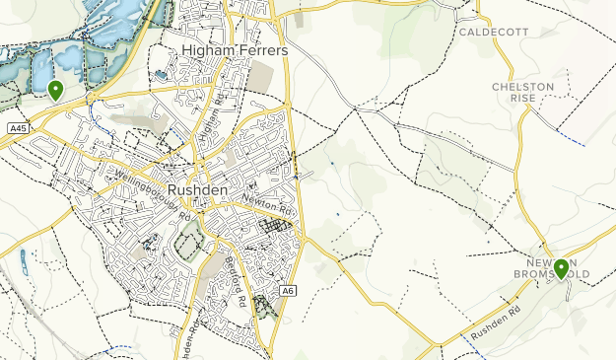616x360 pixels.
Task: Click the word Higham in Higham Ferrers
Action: pyautogui.click(x=206, y=49)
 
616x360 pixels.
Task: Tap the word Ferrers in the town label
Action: pyautogui.click(x=256, y=49)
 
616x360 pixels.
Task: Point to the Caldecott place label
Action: pyautogui.click(x=493, y=32)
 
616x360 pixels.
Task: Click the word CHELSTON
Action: pyautogui.click(x=522, y=87)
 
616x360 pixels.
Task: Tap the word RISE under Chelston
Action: pyautogui.click(x=522, y=101)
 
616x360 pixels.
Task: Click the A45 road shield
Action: pyautogui.click(x=17, y=128)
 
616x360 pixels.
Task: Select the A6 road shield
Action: pyautogui.click(x=287, y=290)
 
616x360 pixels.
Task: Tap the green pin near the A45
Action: pyautogui.click(x=55, y=90)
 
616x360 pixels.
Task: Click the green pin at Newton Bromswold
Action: pyautogui.click(x=561, y=267)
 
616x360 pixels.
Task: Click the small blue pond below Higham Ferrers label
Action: pyautogui.click(x=161, y=75)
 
